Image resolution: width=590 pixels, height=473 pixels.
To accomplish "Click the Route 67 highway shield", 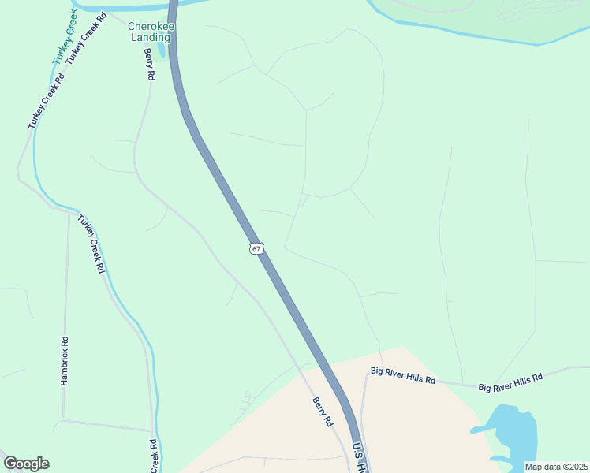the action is [x=256, y=248].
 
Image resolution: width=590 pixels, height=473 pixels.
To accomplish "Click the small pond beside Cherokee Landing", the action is [x=162, y=50].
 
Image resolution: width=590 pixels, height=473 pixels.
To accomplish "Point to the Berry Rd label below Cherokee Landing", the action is [x=149, y=65].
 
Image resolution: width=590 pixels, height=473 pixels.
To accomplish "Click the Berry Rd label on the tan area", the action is [x=323, y=412].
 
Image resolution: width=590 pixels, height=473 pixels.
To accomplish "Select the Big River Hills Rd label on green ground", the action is [x=511, y=382].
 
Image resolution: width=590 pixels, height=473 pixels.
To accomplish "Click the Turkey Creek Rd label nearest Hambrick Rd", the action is [x=91, y=244].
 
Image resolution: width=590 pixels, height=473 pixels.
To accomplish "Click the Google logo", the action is [x=26, y=464].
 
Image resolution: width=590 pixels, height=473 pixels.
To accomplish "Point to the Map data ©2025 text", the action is [x=555, y=467].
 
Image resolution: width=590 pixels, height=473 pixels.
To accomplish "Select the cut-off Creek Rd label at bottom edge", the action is [x=155, y=456].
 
